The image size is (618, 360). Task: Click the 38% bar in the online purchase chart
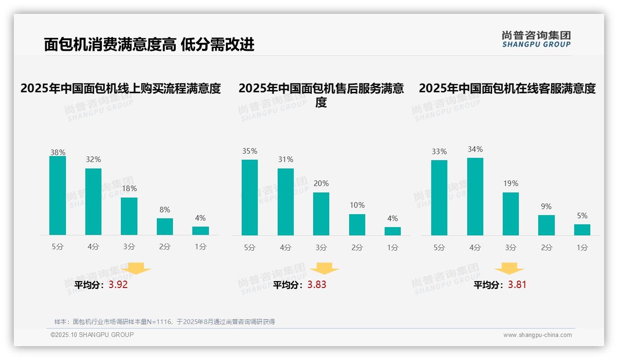click(58, 196)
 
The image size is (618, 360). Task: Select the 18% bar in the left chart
click(129, 216)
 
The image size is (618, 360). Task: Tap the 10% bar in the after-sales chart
click(357, 225)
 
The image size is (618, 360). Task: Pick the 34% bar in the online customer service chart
click(475, 197)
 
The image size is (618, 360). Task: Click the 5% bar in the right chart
click(582, 230)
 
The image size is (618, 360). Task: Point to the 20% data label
click(321, 184)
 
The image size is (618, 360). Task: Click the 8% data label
click(165, 210)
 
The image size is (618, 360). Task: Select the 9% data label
click(546, 207)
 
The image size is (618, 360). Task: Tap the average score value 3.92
click(118, 285)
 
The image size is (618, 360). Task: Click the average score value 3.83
click(317, 285)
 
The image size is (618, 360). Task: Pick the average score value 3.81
click(517, 285)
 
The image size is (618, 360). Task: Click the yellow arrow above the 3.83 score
click(325, 269)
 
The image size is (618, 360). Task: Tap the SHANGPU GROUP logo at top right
click(536, 39)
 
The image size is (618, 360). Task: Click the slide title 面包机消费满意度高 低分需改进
click(149, 45)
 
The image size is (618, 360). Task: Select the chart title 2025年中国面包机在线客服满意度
click(507, 88)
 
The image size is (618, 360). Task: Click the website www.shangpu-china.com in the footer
click(537, 335)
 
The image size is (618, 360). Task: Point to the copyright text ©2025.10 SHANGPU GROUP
click(92, 335)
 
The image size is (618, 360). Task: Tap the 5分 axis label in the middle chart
click(250, 247)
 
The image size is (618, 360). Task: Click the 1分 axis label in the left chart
click(201, 247)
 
